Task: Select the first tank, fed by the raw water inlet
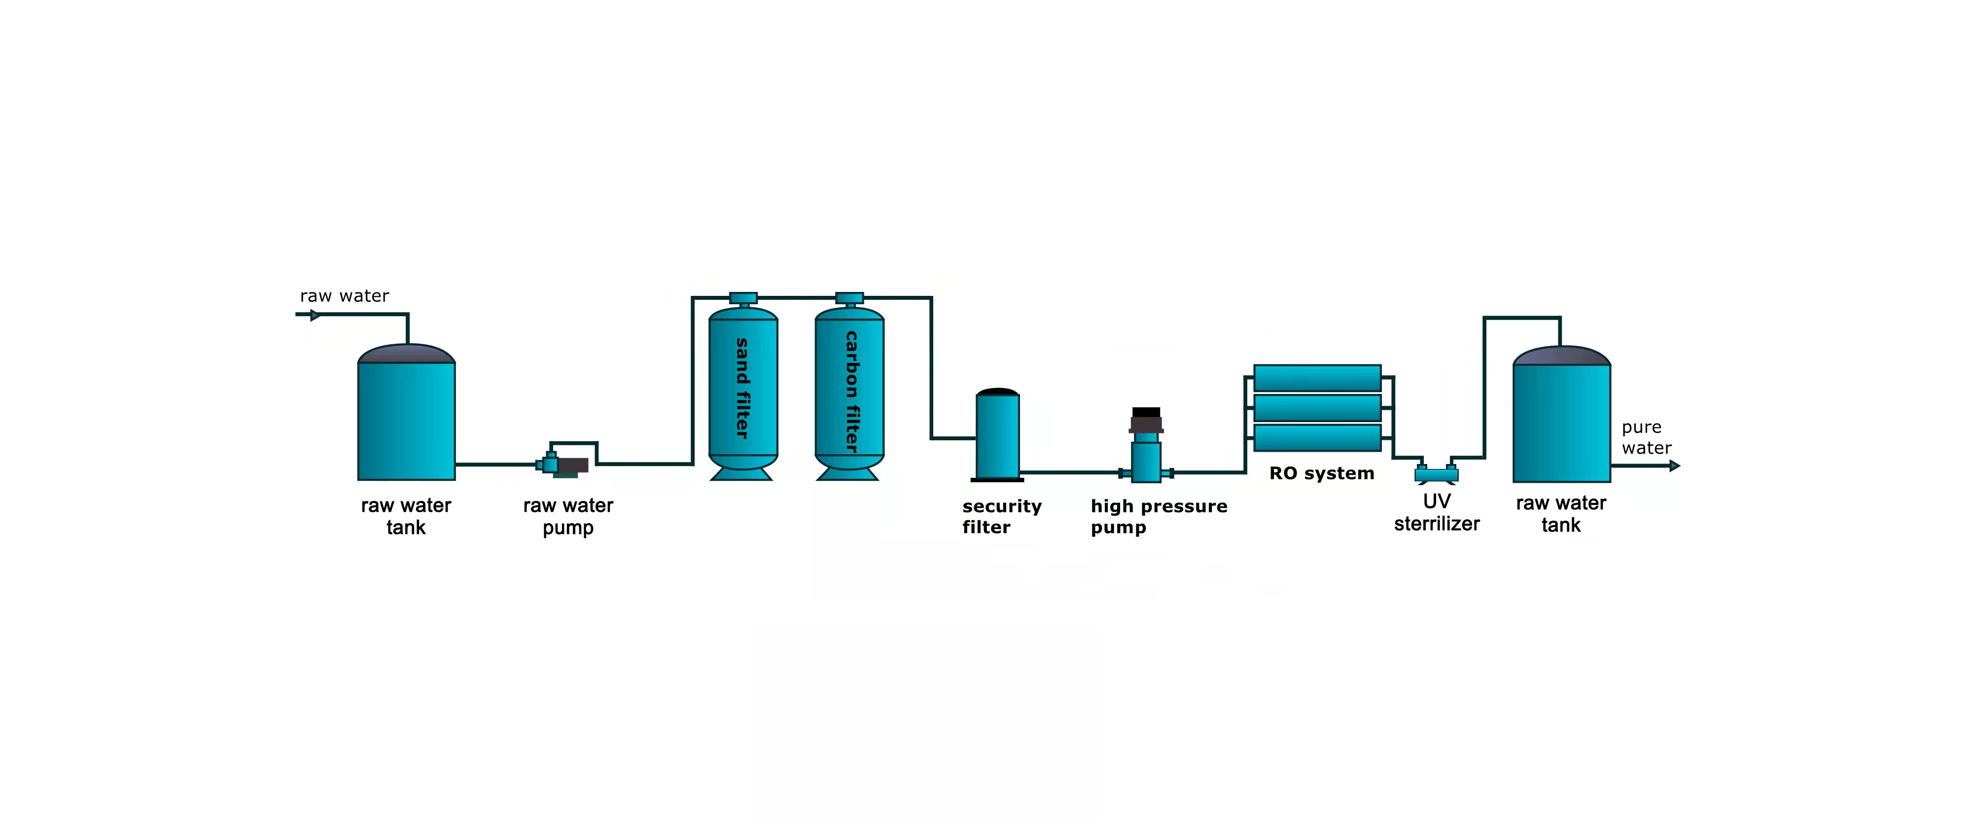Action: click(407, 413)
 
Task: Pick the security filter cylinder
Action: click(997, 435)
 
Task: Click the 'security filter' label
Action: click(1002, 517)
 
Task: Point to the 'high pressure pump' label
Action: click(1159, 517)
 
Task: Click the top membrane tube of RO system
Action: click(1317, 378)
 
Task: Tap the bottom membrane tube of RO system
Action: click(1317, 438)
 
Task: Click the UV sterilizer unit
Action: click(1436, 474)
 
